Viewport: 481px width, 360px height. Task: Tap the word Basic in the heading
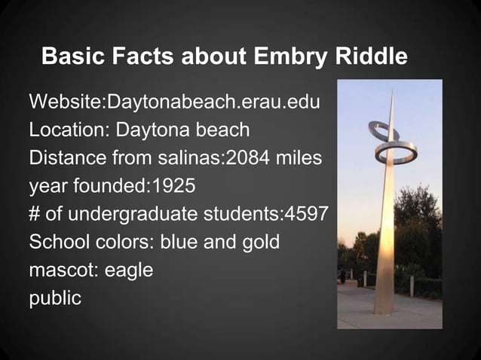[69, 56]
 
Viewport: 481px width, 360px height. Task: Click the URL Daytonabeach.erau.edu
[215, 102]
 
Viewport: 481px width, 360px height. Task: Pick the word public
[54, 298]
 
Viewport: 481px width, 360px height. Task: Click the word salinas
[176, 158]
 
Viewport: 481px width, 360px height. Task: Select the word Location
[68, 130]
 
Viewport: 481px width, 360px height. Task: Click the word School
[57, 243]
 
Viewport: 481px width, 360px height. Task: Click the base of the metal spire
[384, 309]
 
